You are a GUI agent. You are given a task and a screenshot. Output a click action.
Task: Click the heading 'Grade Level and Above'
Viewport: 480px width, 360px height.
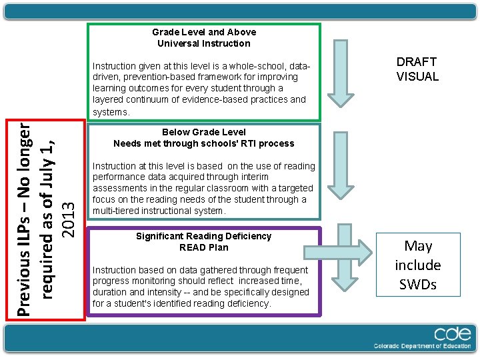point(204,32)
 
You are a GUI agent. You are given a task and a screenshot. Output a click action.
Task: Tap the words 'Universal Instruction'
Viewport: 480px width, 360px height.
point(204,43)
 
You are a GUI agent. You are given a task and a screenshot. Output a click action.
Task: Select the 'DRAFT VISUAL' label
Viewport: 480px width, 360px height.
point(417,69)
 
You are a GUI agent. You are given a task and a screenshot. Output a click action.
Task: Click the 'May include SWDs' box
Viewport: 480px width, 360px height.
point(418,265)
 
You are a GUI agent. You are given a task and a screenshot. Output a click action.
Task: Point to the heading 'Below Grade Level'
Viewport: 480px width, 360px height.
point(204,132)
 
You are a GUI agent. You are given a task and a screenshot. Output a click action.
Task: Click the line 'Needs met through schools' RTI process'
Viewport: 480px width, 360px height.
point(204,143)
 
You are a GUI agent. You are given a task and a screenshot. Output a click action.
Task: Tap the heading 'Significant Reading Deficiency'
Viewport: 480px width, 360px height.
point(204,236)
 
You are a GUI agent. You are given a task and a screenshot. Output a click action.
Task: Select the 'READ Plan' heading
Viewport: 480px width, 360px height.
point(204,247)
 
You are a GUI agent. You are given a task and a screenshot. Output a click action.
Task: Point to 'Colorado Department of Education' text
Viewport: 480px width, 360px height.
point(421,346)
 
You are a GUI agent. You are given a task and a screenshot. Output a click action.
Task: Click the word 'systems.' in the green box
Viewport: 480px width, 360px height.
point(111,112)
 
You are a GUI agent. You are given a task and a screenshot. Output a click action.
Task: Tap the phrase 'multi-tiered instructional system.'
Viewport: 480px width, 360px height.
point(159,211)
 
